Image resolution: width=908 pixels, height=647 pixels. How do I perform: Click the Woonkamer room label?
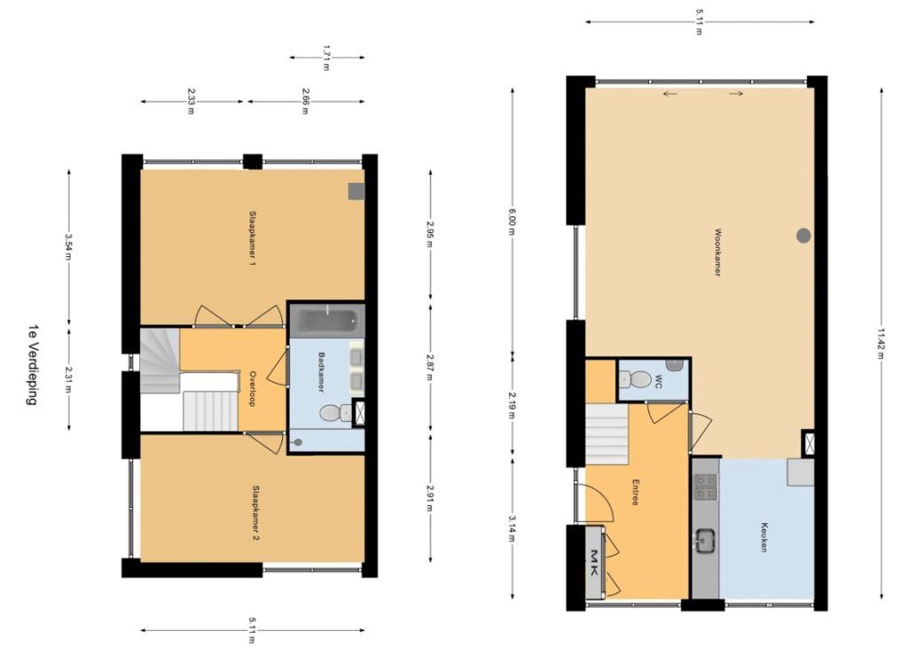coord(716,252)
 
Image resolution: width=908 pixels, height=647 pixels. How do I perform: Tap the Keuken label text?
coord(764,537)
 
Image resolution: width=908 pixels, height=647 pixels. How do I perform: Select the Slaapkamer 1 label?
coord(252,238)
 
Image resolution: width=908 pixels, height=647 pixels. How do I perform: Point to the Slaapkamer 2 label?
coord(255,513)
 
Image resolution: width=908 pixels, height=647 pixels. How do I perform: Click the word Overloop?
coord(252,388)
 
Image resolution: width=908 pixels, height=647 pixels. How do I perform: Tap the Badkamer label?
coord(321,371)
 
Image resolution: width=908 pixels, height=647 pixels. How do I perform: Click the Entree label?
coord(635,492)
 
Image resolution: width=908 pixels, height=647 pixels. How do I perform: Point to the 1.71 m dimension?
coord(326,58)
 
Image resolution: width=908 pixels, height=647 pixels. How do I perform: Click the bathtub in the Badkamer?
coord(325,319)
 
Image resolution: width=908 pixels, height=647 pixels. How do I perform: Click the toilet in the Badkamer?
coord(335,413)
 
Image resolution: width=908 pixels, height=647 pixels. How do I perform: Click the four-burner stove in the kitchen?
coord(706,487)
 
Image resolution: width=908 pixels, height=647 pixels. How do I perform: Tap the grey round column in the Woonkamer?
coord(803,235)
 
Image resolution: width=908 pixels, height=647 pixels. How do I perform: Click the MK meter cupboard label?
coord(594,562)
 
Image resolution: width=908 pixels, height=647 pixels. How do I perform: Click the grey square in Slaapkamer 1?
coord(356,191)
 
